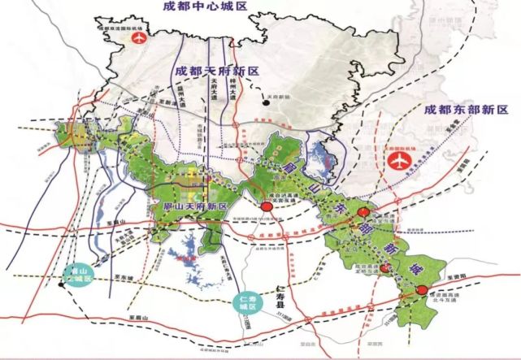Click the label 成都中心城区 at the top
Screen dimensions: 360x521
pyautogui.click(x=204, y=7)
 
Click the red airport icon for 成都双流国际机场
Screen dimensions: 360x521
pyautogui.click(x=137, y=37)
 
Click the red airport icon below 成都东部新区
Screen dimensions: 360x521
pyautogui.click(x=398, y=160)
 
